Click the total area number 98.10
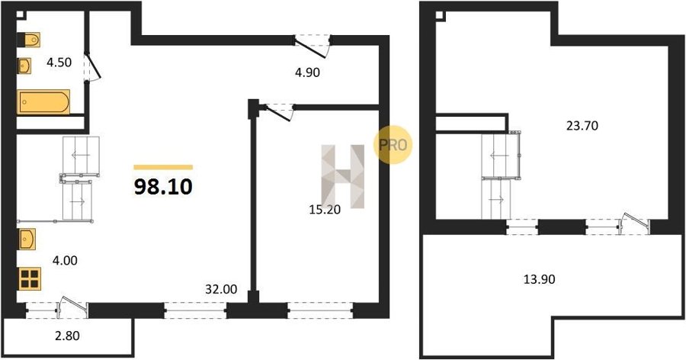163,188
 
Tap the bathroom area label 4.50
59,63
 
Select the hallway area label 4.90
307,72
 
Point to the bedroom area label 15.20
325,211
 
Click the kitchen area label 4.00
65,261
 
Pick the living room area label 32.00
221,289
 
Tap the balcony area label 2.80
67,336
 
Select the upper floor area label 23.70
582,126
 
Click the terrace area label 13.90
540,279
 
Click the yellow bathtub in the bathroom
43,102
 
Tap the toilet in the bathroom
29,40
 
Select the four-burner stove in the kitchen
30,278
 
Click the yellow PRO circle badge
392,145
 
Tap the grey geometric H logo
343,176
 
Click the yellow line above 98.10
163,167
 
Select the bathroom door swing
93,66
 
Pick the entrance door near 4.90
311,47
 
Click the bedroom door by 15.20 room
277,111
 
